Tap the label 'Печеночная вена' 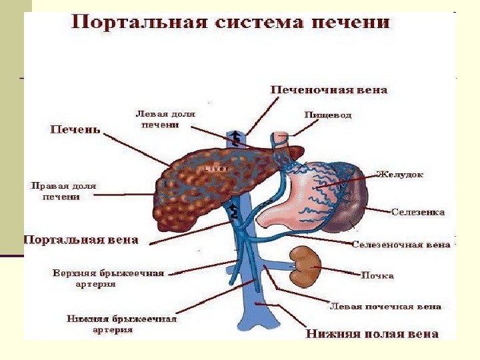329,89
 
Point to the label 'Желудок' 400,175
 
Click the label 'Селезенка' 418,212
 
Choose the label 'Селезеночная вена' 401,245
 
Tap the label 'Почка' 377,275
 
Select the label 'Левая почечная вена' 386,307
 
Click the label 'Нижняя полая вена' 372,333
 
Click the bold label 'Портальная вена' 81,239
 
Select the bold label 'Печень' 75,129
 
